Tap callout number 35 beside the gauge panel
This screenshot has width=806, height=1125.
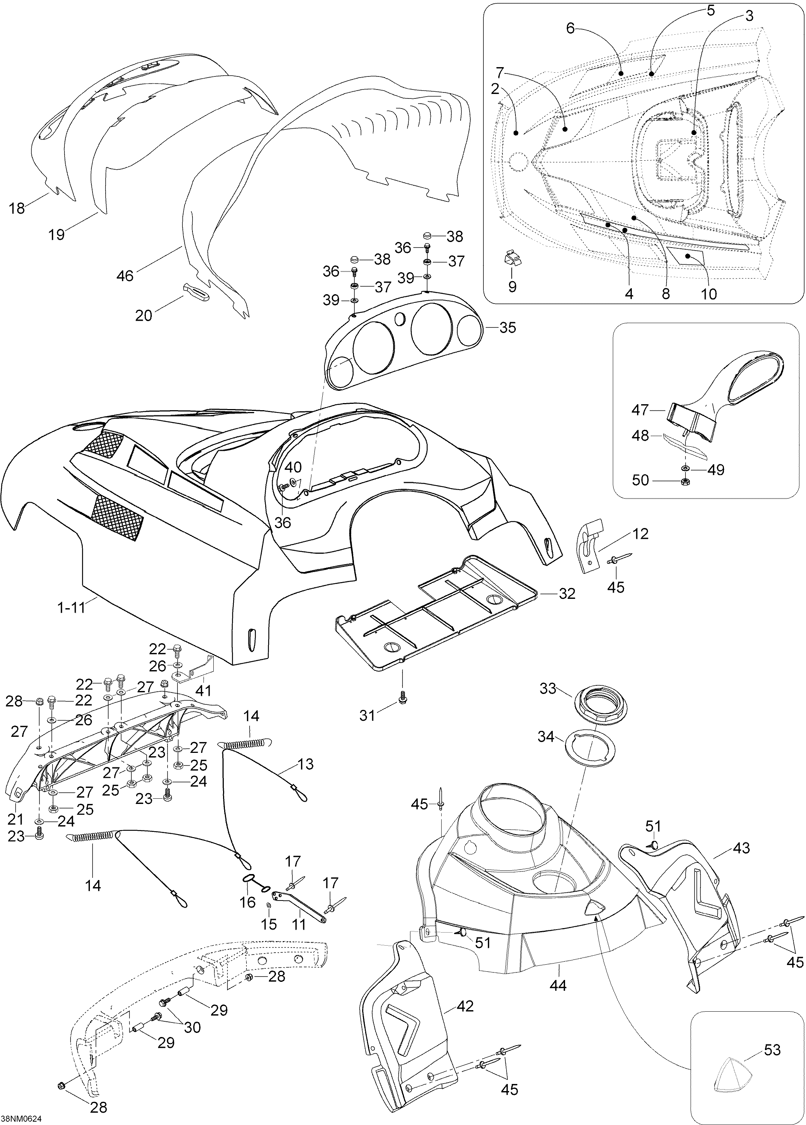pyautogui.click(x=507, y=327)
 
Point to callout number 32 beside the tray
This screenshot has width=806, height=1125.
pyautogui.click(x=567, y=593)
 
